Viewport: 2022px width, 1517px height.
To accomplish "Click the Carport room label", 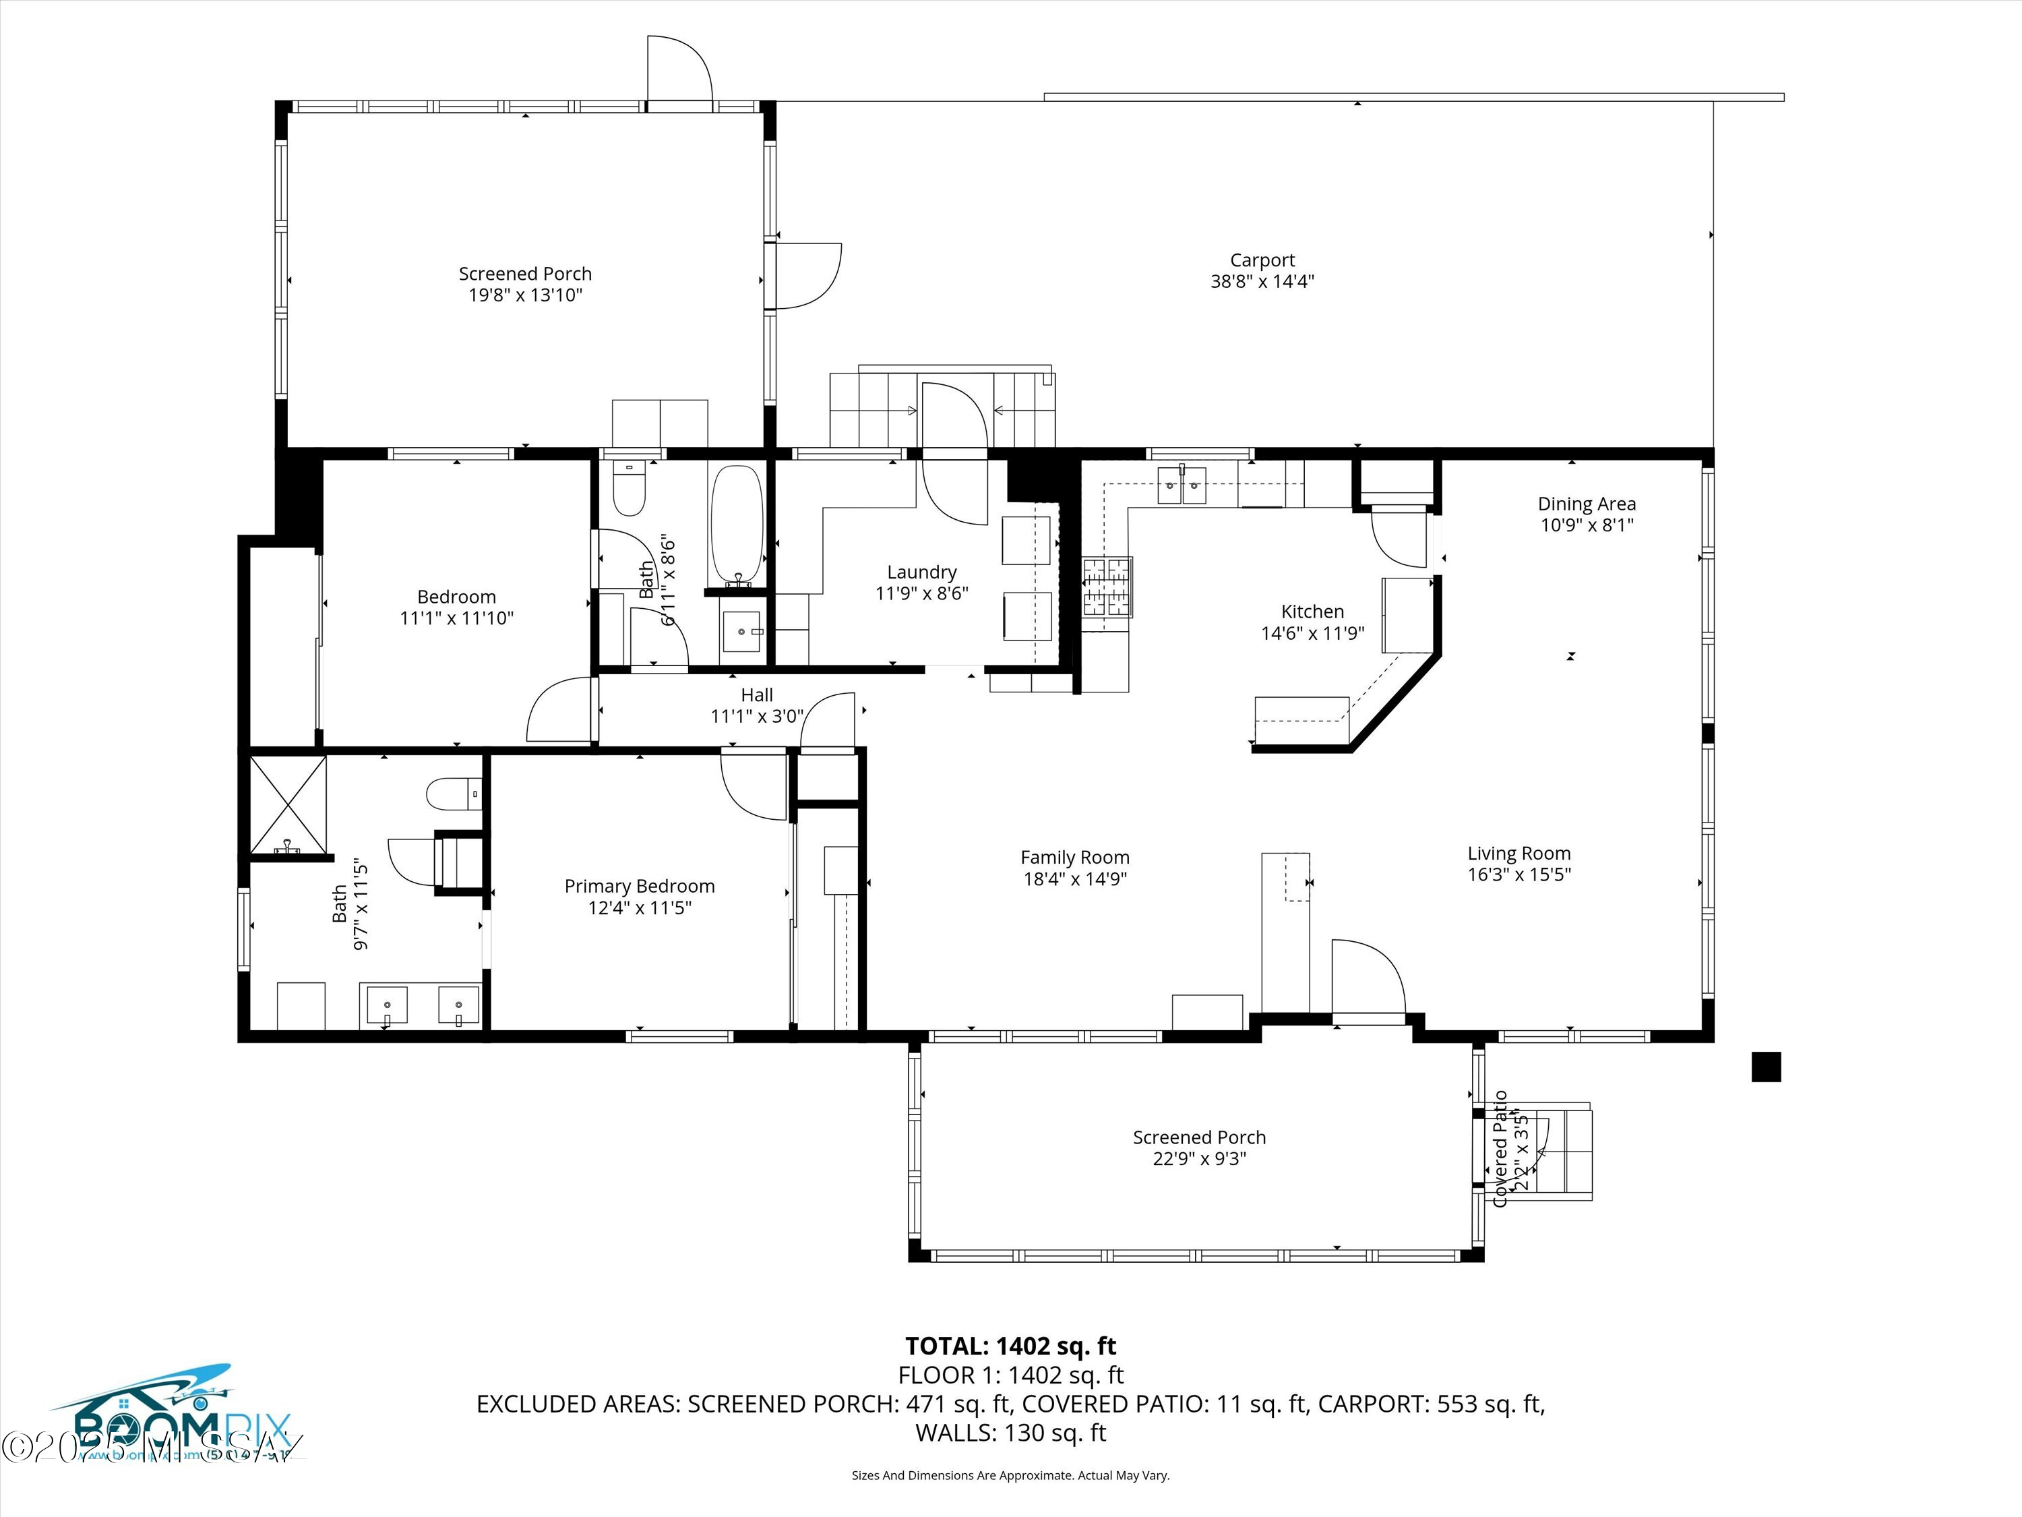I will (x=1262, y=261).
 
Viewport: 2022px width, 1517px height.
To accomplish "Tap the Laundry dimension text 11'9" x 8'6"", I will (x=921, y=593).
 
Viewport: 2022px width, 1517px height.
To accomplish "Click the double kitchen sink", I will (x=1182, y=485).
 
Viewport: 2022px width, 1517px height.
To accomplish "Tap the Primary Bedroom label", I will (x=639, y=886).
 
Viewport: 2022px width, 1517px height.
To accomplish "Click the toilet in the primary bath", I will (x=452, y=793).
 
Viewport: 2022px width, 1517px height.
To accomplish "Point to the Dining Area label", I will (x=1586, y=504).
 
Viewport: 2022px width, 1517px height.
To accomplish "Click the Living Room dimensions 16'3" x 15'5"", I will (x=1519, y=874).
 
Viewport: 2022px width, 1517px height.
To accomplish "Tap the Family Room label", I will (x=1074, y=858).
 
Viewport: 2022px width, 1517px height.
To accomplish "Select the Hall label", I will (x=757, y=695).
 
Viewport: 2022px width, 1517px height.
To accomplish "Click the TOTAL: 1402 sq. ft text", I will (x=1010, y=1346).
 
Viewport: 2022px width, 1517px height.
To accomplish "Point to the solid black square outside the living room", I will (x=1765, y=1067).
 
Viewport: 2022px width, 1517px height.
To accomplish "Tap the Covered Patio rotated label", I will (x=1500, y=1148).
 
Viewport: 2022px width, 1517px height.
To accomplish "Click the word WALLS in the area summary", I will (x=954, y=1433).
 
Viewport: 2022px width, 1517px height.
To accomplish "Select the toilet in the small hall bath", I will (x=629, y=490).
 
